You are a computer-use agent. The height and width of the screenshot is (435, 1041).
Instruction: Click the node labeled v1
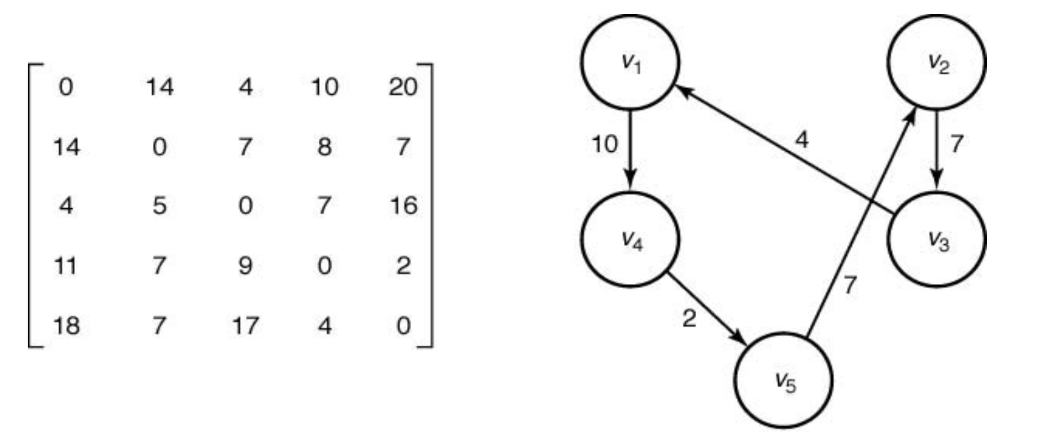pyautogui.click(x=630, y=62)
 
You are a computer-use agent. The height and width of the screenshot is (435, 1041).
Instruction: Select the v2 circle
pyautogui.click(x=937, y=62)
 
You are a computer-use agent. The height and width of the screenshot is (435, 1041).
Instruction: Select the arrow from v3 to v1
pyautogui.click(x=783, y=150)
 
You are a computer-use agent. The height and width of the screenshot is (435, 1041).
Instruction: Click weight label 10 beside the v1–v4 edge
pyautogui.click(x=604, y=144)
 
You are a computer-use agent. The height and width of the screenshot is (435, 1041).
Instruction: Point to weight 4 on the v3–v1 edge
pyautogui.click(x=801, y=140)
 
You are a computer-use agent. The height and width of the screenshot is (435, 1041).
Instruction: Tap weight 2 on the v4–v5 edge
pyautogui.click(x=689, y=318)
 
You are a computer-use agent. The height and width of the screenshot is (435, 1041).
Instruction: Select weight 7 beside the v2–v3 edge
pyautogui.click(x=956, y=144)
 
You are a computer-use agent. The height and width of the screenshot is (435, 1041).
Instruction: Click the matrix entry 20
pyautogui.click(x=402, y=87)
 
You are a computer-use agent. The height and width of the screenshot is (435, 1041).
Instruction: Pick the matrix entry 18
pyautogui.click(x=66, y=326)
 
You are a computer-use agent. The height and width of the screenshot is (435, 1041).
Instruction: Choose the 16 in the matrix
pyautogui.click(x=403, y=206)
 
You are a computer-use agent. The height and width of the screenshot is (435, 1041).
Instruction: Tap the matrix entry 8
pyautogui.click(x=324, y=147)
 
